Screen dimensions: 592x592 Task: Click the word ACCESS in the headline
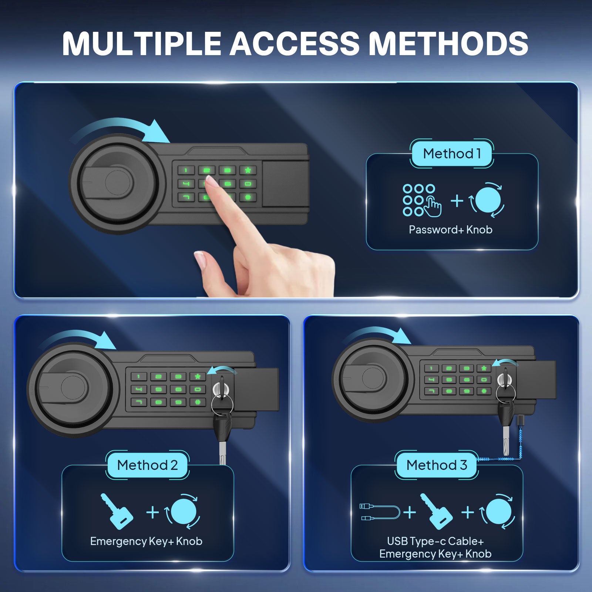coord(295,44)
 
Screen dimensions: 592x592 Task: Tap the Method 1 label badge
coord(452,154)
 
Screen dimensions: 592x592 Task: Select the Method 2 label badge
coord(148,465)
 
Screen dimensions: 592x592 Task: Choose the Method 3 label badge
coord(437,465)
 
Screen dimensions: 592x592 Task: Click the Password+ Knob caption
coord(450,230)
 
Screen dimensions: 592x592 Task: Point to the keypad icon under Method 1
coord(422,200)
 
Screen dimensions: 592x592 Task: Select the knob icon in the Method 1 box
coord(487,200)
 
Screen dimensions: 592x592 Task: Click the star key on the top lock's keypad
coord(248,170)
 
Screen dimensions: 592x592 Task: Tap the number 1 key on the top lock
coord(186,170)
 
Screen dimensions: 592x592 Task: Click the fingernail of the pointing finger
coord(211,180)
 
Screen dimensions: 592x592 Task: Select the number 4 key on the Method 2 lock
coord(139,389)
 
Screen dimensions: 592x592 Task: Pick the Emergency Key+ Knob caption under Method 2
coord(146,541)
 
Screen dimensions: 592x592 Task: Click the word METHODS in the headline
coord(448,44)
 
